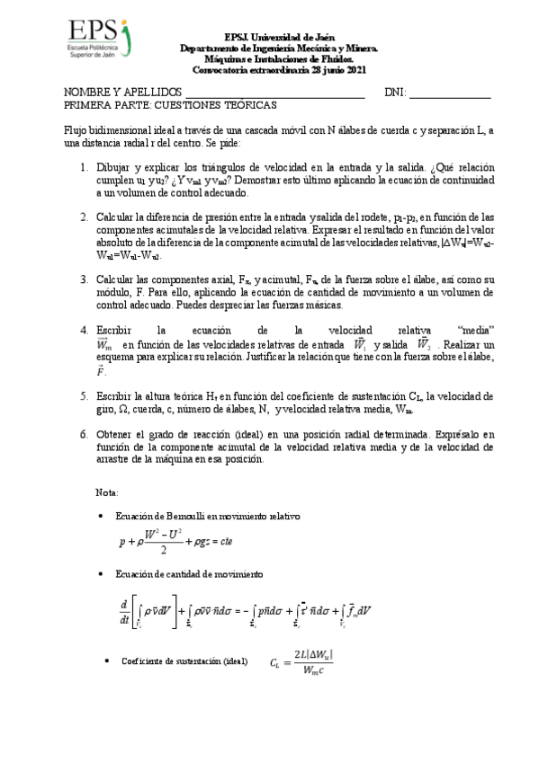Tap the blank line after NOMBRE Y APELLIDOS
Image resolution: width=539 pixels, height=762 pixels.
click(x=274, y=93)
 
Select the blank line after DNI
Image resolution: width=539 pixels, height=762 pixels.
click(x=450, y=93)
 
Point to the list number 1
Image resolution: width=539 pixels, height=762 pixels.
click(x=82, y=168)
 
